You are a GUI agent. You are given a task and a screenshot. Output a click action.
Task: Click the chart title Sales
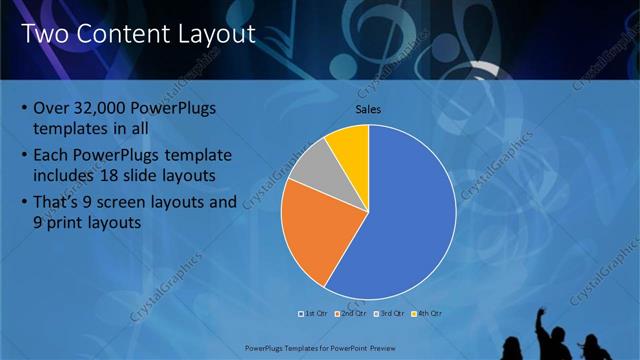click(x=368, y=109)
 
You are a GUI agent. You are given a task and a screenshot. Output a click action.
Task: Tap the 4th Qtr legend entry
click(x=428, y=313)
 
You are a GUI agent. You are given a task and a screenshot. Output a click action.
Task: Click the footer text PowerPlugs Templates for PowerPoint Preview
click(x=319, y=349)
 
